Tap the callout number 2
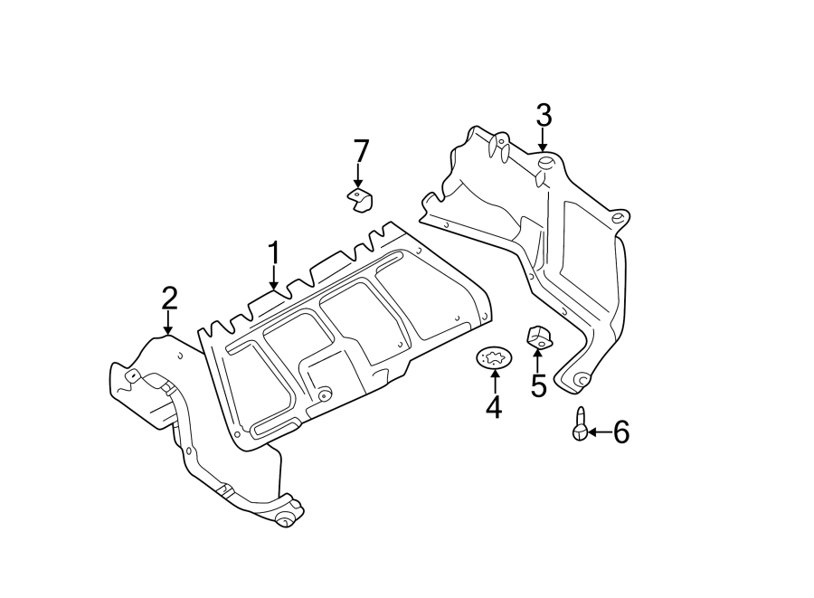tap(169, 299)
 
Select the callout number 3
tap(543, 116)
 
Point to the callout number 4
tap(493, 407)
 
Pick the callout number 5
tap(538, 387)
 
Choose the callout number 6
tap(620, 432)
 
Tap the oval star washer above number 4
tap(494, 358)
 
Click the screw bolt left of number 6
tap(579, 425)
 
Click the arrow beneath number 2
tap(168, 323)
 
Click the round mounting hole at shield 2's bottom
tap(285, 518)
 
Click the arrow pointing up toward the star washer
tap(494, 381)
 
